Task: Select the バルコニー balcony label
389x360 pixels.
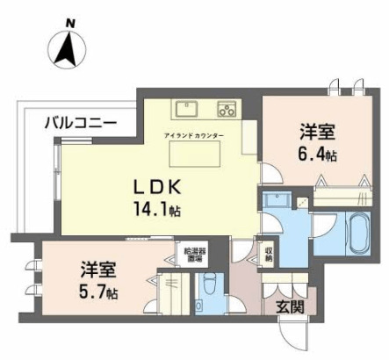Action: pyautogui.click(x=80, y=124)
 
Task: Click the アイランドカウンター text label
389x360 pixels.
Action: pyautogui.click(x=193, y=135)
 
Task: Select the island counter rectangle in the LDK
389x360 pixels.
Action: pyautogui.click(x=196, y=155)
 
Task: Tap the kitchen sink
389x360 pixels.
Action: pyautogui.click(x=186, y=110)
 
